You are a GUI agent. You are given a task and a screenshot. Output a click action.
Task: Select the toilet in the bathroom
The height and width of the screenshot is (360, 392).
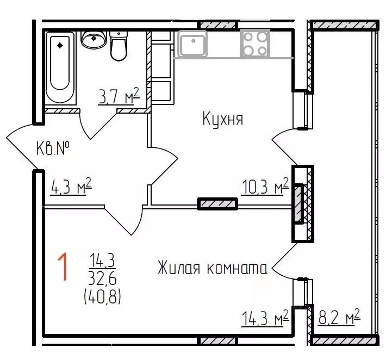(x=118, y=46)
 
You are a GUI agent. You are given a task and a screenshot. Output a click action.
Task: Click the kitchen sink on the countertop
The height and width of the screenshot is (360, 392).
(x=192, y=44)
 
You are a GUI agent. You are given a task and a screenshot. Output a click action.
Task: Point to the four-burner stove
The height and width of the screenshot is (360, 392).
(x=255, y=43)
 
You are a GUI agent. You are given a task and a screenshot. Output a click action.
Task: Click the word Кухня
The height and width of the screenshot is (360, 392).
(x=222, y=119)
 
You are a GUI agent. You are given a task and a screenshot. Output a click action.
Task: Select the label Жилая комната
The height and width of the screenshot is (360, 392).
(x=212, y=268)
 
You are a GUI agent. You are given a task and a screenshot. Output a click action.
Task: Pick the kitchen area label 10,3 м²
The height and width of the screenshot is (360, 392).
(x=264, y=188)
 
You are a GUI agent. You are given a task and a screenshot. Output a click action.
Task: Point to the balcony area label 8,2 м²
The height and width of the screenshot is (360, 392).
(x=339, y=318)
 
